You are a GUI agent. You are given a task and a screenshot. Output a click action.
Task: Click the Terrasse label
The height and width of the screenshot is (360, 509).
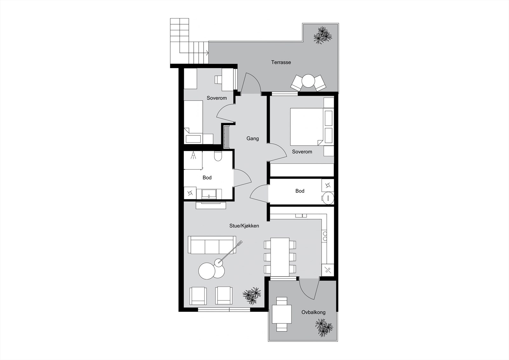281,62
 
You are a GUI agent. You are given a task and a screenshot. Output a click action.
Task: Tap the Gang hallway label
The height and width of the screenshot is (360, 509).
253,138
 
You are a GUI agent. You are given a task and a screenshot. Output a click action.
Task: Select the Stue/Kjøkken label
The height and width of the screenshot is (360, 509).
244,226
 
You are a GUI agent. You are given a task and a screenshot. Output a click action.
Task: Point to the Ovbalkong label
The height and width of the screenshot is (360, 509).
313,312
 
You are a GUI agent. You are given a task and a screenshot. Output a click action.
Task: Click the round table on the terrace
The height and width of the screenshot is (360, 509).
308,81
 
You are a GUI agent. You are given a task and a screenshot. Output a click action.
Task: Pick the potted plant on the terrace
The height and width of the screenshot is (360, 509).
323,35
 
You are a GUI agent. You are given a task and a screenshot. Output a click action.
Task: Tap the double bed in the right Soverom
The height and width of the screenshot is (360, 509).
307,127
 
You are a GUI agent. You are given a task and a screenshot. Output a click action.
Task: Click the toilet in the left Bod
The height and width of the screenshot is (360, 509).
218,156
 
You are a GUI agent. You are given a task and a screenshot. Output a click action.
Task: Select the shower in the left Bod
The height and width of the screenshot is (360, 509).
193,160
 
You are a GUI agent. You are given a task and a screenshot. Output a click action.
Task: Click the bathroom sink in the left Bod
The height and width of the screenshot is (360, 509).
209,194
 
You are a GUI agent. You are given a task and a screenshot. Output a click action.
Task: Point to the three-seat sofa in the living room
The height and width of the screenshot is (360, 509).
212,245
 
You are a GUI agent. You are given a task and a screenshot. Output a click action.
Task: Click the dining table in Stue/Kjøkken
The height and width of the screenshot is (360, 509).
280,257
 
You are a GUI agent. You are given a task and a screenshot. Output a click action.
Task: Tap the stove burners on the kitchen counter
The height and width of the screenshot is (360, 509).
325,236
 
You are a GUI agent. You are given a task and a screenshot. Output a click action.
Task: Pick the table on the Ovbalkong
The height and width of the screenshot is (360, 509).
282,314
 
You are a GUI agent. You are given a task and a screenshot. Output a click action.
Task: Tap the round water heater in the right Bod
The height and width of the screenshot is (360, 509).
328,198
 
